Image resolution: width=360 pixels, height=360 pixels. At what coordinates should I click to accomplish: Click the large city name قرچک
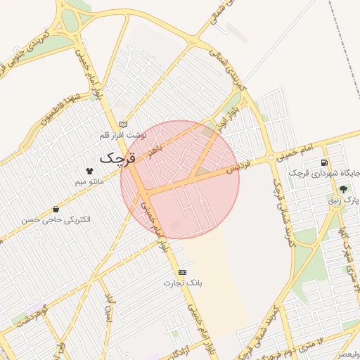117,158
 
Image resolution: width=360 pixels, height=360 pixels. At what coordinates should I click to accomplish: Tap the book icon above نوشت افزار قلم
124,122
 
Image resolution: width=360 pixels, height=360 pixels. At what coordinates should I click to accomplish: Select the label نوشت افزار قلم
123,134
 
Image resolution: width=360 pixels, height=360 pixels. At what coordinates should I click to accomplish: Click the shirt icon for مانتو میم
89,171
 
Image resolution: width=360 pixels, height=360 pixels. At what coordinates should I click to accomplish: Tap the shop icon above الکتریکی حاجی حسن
56,209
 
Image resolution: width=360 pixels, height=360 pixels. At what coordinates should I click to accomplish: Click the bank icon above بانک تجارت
183,271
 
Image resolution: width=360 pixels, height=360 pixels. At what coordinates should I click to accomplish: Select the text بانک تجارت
183,283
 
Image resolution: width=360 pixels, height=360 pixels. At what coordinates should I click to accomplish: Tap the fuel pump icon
323,162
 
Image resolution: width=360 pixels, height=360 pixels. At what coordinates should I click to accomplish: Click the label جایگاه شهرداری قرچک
324,173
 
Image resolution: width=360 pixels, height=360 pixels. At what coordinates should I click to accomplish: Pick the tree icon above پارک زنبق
343,189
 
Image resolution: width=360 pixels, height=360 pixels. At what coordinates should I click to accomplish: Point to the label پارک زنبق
344,200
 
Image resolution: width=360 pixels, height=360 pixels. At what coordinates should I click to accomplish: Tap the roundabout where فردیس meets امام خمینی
271,158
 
